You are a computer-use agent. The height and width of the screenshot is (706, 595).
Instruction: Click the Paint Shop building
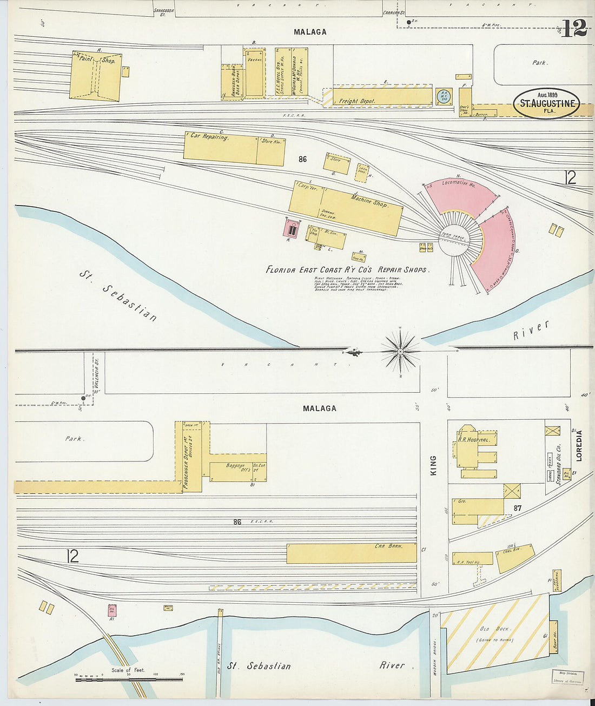tap(95, 76)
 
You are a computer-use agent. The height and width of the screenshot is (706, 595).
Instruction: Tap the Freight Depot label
tap(356, 101)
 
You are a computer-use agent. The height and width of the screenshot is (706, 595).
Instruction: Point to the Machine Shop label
tap(369, 201)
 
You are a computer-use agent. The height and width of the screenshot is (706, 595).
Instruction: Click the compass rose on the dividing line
tap(400, 352)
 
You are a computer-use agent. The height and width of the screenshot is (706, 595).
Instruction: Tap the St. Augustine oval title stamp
tap(546, 103)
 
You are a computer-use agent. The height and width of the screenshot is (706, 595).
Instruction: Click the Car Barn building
tap(352, 553)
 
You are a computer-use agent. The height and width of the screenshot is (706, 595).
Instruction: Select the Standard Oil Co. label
tap(559, 464)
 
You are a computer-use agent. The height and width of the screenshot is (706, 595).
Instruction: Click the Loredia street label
tap(579, 445)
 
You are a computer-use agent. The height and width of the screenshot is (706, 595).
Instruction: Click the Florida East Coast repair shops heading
tap(347, 269)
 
